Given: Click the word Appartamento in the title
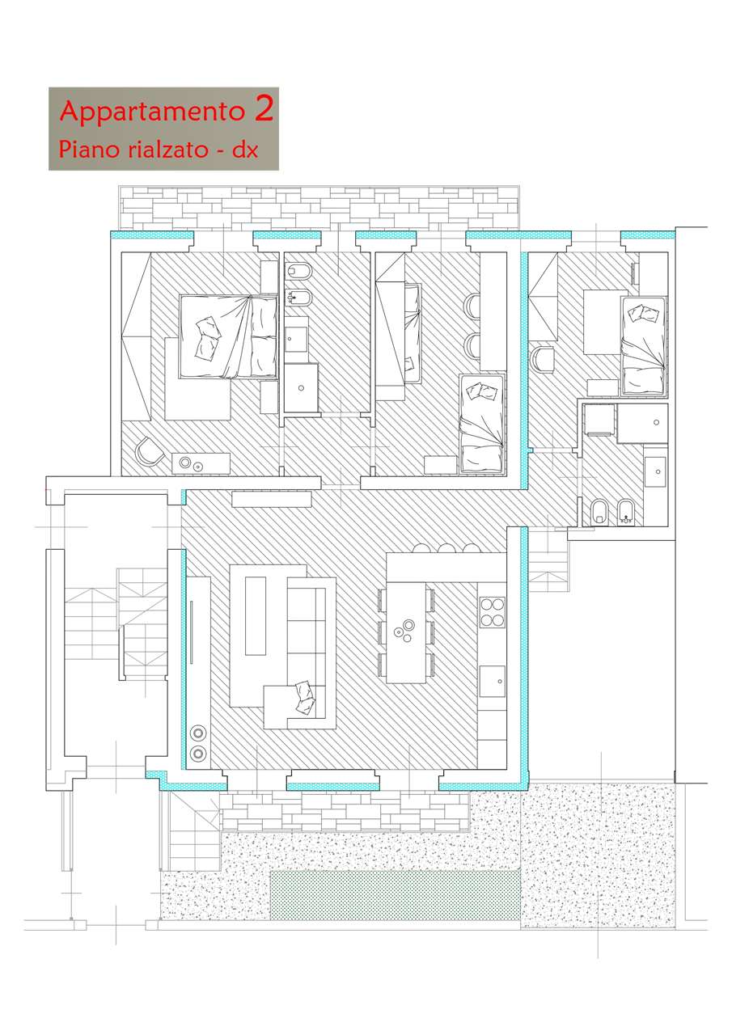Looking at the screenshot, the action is (152, 112).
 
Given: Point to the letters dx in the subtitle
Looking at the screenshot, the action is (244, 150).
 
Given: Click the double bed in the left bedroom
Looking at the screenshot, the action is (229, 336).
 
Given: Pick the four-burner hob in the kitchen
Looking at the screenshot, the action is (492, 612).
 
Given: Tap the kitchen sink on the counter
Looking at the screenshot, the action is (492, 681).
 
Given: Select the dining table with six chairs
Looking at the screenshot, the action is (406, 632).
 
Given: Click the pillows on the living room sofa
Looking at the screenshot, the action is (305, 698).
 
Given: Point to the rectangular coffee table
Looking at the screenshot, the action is (256, 615).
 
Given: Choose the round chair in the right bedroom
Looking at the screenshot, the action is (542, 359).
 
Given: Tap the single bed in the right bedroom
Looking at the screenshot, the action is (644, 345).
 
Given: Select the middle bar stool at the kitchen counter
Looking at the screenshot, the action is (446, 549).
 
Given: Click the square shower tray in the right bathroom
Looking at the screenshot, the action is (643, 423).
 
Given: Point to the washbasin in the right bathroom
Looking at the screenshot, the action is (656, 471).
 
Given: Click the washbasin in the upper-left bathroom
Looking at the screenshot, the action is (296, 339).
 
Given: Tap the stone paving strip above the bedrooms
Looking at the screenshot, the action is (319, 208).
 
